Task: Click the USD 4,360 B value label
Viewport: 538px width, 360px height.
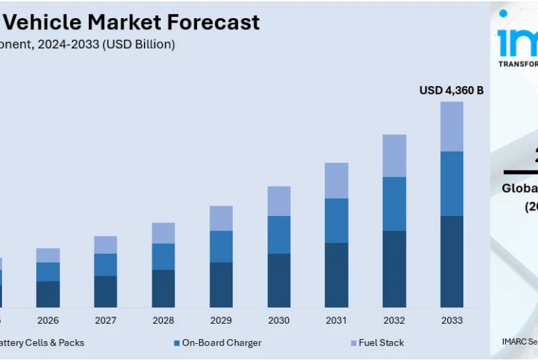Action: (451, 90)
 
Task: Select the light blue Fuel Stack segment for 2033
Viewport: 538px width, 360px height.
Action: (451, 126)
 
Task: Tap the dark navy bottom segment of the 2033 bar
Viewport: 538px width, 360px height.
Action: (451, 261)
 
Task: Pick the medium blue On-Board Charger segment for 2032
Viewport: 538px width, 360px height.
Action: (394, 203)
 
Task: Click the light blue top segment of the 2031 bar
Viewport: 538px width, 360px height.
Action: (336, 180)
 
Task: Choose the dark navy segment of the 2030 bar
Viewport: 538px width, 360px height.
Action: (279, 280)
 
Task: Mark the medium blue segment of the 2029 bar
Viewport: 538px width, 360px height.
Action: (221, 246)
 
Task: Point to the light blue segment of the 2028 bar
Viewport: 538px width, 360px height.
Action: (163, 233)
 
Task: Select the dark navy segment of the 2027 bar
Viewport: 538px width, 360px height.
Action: (106, 291)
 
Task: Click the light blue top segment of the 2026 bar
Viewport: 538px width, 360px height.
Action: (48, 255)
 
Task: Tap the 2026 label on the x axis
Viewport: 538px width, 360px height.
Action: (48, 320)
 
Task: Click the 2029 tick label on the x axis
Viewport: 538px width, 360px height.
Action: (221, 320)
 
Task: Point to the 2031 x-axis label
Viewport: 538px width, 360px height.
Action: (336, 320)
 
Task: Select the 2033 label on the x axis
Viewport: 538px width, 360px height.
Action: (451, 320)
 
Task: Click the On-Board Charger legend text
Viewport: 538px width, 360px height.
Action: (221, 343)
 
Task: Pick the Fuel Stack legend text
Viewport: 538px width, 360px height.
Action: (381, 343)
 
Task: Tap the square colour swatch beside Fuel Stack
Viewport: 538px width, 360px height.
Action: (354, 343)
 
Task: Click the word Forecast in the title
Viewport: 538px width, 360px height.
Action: (213, 22)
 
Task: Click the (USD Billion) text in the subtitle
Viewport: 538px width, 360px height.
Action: (138, 44)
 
